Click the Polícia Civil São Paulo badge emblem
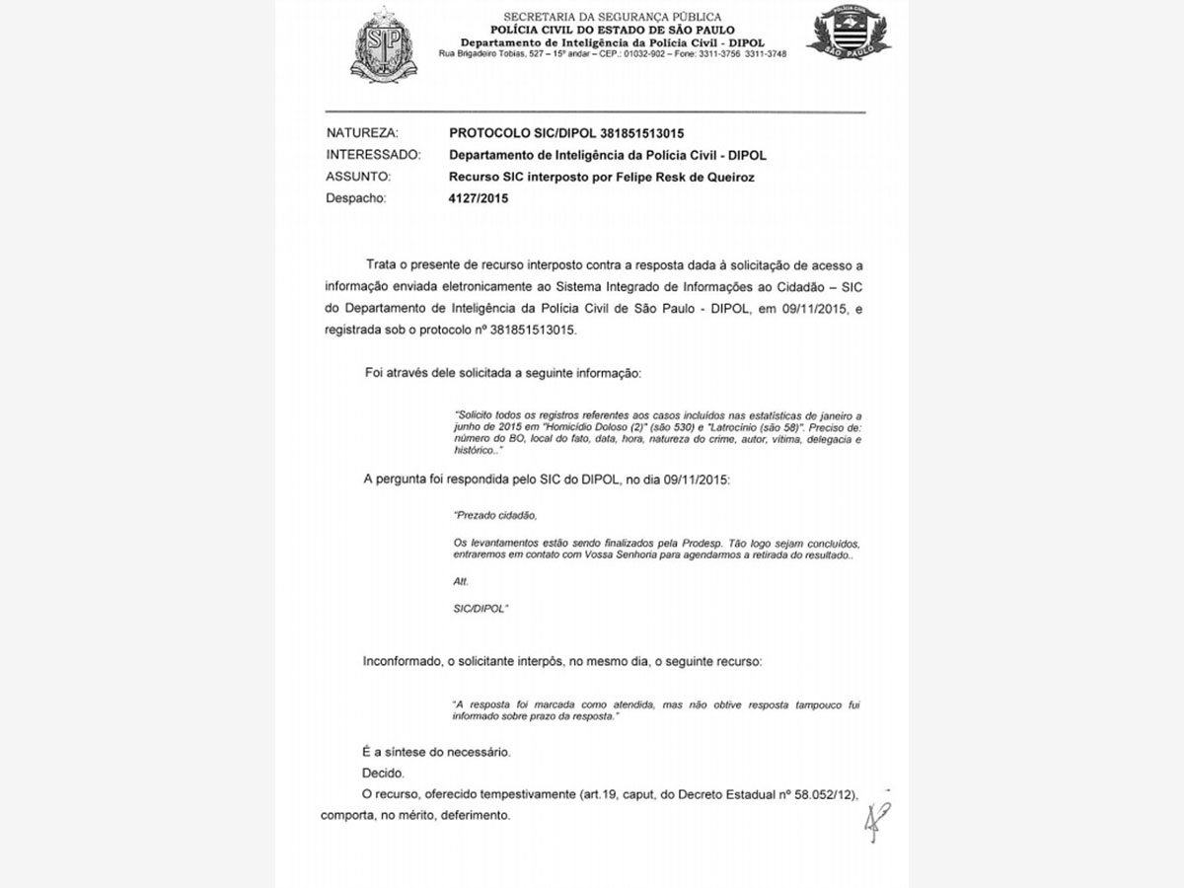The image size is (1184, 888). (x=849, y=35)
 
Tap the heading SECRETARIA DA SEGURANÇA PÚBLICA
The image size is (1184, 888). (x=612, y=17)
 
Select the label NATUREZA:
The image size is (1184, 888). (x=362, y=132)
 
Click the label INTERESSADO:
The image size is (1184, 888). (x=374, y=155)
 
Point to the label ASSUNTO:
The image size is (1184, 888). (x=358, y=177)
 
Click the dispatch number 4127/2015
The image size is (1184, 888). (x=480, y=198)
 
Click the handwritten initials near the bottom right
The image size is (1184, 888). (x=875, y=818)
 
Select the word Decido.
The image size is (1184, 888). (x=383, y=773)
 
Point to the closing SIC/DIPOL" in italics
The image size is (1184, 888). (x=481, y=610)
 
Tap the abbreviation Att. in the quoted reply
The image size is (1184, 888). (x=461, y=581)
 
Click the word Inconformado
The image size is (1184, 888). (x=402, y=659)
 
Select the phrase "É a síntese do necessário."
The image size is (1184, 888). (x=436, y=752)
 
